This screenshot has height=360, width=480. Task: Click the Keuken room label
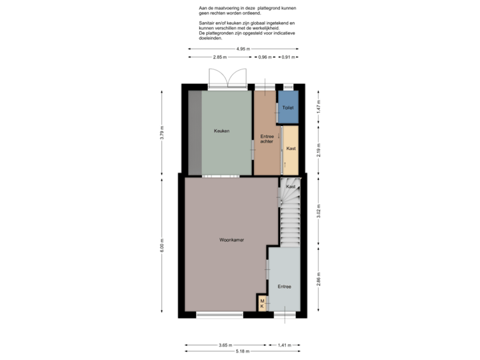tap(221, 131)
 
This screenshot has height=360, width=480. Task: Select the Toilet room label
tap(287, 107)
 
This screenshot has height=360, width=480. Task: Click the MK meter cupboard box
tap(262, 304)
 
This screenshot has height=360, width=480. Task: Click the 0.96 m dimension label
tap(265, 57)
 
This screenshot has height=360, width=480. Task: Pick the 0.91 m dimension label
tap(287, 57)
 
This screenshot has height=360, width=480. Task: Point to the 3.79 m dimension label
tap(162, 132)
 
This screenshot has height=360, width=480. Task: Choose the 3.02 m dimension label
tap(319, 211)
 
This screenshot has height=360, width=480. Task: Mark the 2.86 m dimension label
tap(319, 277)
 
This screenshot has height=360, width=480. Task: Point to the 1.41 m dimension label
tap(284, 345)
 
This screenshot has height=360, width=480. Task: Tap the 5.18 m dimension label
tap(242, 351)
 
